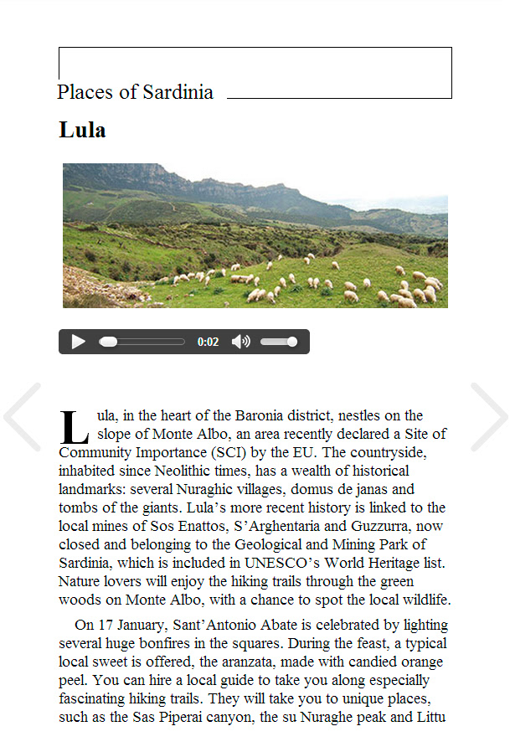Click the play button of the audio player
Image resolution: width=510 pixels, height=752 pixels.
[78, 342]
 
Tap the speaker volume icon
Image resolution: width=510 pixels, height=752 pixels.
[240, 342]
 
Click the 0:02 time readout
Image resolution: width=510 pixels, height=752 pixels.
[208, 342]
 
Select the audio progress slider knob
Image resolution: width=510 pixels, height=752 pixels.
[108, 342]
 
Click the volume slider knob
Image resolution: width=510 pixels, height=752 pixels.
[291, 342]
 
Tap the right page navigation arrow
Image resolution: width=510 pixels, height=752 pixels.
[488, 417]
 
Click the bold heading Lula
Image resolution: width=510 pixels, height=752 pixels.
[82, 131]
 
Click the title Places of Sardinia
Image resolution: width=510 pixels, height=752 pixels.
[135, 92]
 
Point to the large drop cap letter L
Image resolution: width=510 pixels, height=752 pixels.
[75, 427]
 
